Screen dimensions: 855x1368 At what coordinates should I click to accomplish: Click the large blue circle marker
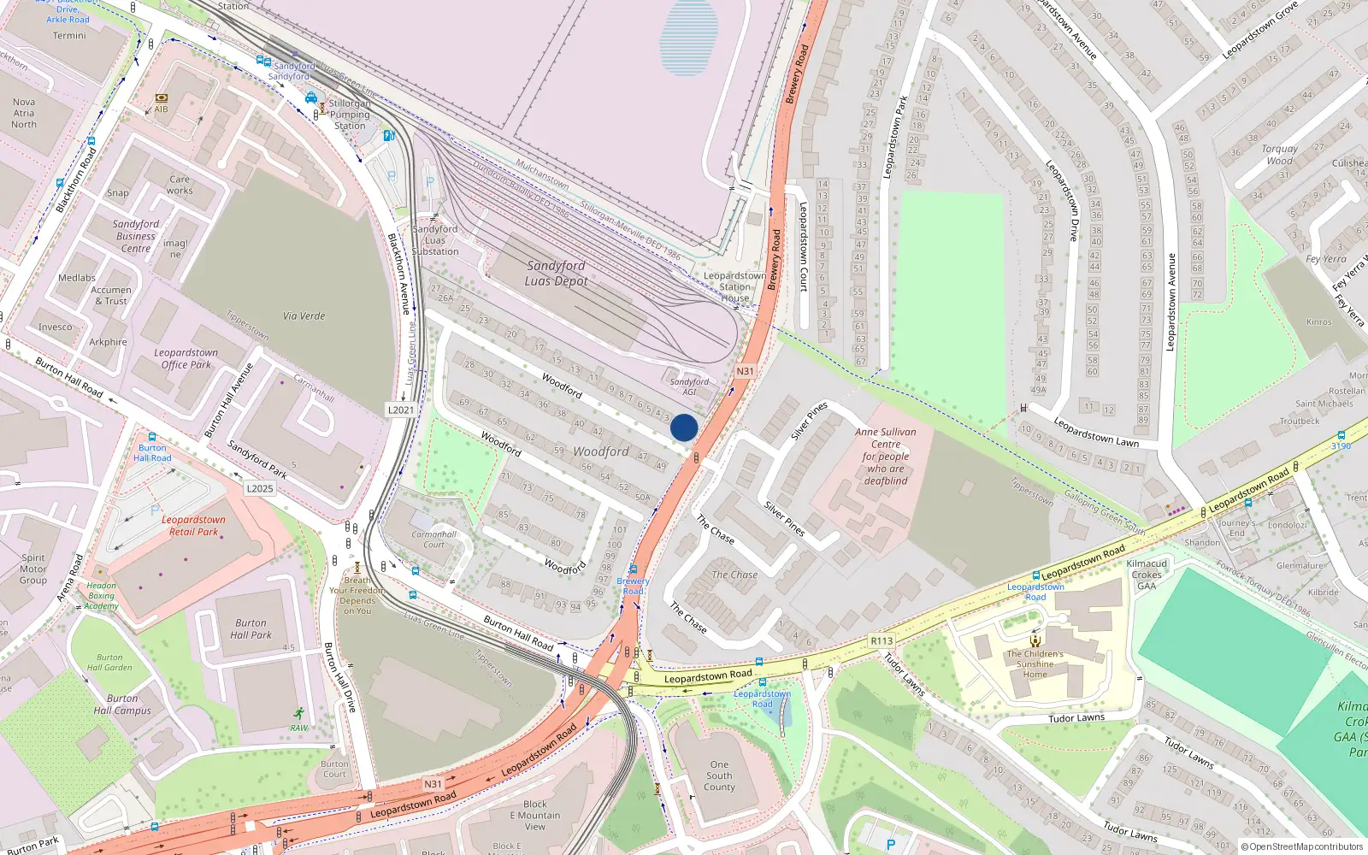[x=684, y=427]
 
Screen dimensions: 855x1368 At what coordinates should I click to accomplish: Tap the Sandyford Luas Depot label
[x=556, y=273]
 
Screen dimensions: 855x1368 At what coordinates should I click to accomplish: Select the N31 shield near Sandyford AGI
[x=745, y=371]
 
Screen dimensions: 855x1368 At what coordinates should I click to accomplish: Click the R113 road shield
[x=882, y=640]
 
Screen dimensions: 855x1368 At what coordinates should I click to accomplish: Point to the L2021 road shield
[x=401, y=410]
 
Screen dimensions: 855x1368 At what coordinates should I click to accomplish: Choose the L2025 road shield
[x=260, y=489]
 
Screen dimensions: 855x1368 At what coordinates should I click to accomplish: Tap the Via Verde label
[x=304, y=315]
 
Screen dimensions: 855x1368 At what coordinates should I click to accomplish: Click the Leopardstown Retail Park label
[x=193, y=525]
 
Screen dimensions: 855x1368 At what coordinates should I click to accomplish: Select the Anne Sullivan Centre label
[x=886, y=456]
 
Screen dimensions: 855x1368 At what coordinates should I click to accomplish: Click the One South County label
[x=719, y=775]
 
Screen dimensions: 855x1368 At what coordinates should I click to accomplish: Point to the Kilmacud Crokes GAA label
[x=1147, y=575]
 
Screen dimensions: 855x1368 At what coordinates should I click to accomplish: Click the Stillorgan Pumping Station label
[x=350, y=115]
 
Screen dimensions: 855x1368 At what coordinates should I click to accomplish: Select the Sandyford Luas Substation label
[x=435, y=240]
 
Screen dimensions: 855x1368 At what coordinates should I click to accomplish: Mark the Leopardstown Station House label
[x=734, y=286]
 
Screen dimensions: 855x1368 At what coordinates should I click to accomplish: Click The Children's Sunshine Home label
[x=1035, y=663]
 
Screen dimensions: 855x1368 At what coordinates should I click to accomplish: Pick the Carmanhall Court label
[x=433, y=539]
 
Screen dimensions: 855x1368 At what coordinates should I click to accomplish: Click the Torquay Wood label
[x=1280, y=154]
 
